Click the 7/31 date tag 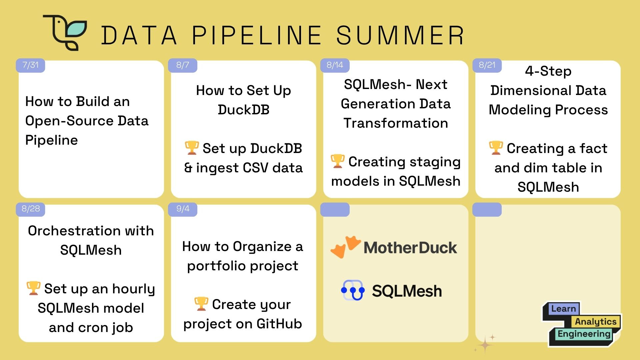coord(30,65)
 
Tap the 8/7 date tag coord(183,65)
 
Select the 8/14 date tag coord(335,65)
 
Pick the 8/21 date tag coord(487,65)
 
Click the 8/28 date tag coord(30,209)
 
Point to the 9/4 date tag coord(183,209)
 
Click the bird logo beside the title coord(65,33)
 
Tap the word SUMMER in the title coord(400,35)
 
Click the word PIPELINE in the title coord(257,35)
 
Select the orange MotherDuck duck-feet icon coord(346,247)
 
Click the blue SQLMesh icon coord(353,290)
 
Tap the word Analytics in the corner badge coord(596,322)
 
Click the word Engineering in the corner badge coord(584,334)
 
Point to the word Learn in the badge coord(563,309)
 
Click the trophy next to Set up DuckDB coord(192,148)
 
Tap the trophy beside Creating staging coord(337,161)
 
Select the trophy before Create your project coord(201,304)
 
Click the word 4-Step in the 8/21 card coord(548,71)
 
